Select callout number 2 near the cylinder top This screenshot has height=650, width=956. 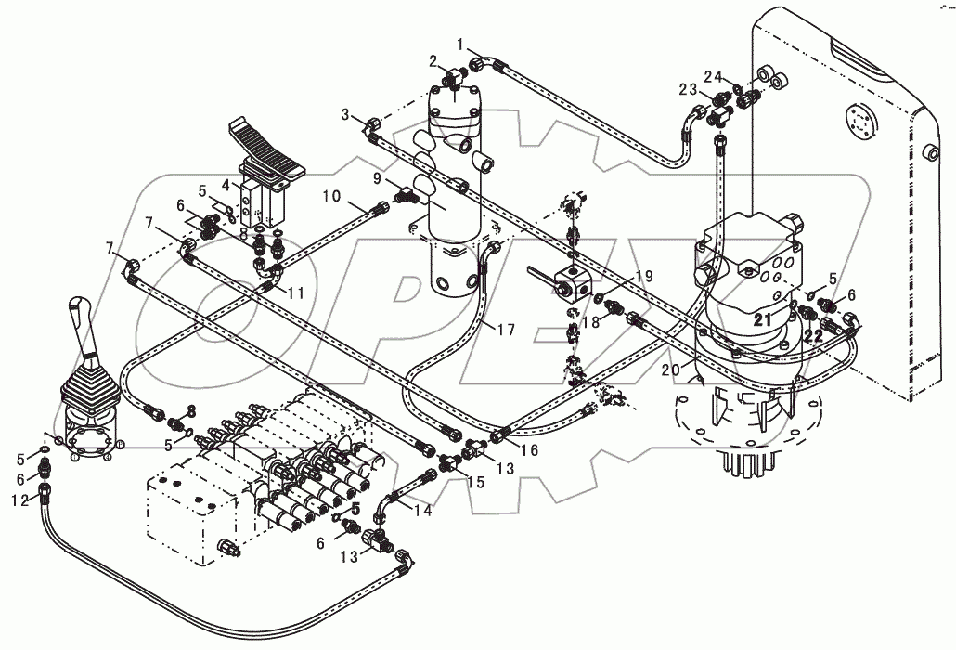(433, 61)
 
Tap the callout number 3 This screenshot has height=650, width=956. (346, 114)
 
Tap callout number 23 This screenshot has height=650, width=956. (688, 91)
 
